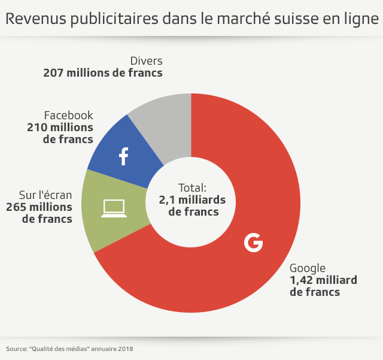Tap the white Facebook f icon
123,156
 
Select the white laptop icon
114,208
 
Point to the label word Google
308,268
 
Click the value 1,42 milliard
323,280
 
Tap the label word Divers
146,61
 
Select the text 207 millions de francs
103,73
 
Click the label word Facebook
69,115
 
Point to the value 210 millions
60,127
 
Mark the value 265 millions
39,207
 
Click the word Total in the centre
191,187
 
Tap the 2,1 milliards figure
192,199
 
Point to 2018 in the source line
125,348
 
